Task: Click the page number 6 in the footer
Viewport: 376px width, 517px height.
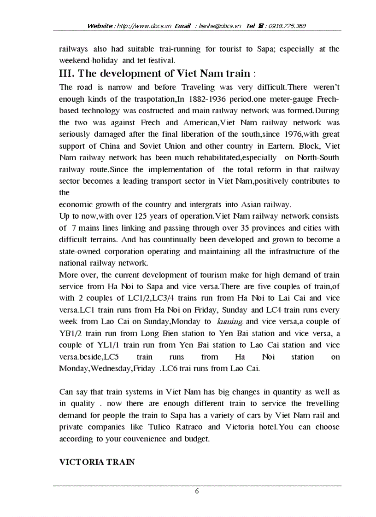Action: [x=197, y=491]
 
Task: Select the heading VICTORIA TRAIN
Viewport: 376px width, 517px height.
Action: [x=97, y=462]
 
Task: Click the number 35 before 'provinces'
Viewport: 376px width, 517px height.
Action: [x=263, y=228]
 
